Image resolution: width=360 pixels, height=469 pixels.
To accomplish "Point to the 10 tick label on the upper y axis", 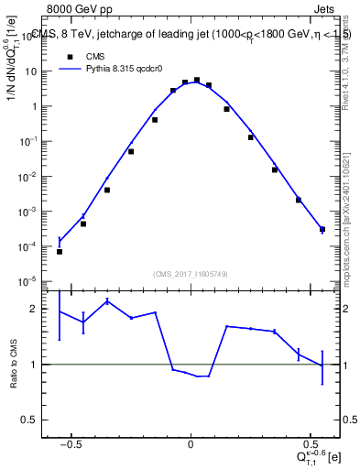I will pyautogui.click(x=38, y=71).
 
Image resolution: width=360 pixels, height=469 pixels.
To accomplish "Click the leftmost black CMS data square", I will pyautogui.click(x=60, y=251).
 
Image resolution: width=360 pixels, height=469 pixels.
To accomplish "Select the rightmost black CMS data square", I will pyautogui.click(x=322, y=229).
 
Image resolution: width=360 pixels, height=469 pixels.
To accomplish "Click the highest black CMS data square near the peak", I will pyautogui.click(x=196, y=80).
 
